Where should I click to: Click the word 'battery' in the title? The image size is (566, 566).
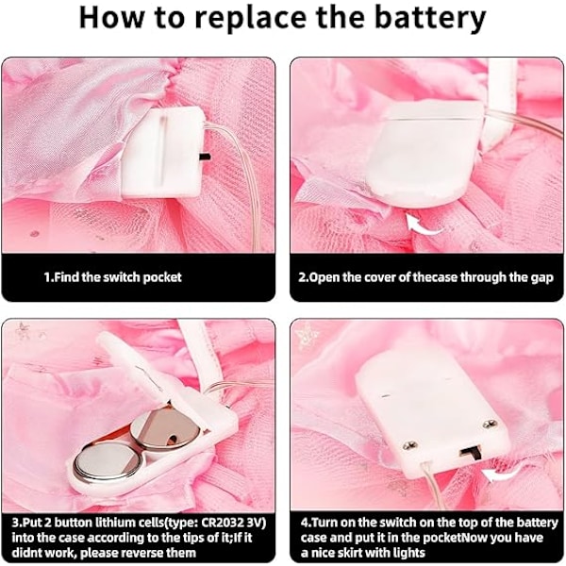click(x=431, y=19)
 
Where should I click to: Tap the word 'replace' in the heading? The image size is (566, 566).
click(x=250, y=19)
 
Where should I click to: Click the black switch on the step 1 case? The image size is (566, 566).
click(x=205, y=157)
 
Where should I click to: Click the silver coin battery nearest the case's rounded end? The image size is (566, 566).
click(x=108, y=464)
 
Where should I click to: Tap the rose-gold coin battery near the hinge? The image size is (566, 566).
click(x=164, y=429)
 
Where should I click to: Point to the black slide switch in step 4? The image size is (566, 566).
click(x=471, y=453)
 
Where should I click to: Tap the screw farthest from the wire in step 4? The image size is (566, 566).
click(x=490, y=424)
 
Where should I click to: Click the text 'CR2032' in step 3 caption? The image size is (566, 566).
click(x=223, y=523)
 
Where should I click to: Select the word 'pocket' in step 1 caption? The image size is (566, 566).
click(x=162, y=277)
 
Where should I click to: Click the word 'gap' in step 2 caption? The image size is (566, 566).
click(x=541, y=278)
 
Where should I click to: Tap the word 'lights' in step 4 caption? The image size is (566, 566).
click(x=408, y=553)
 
